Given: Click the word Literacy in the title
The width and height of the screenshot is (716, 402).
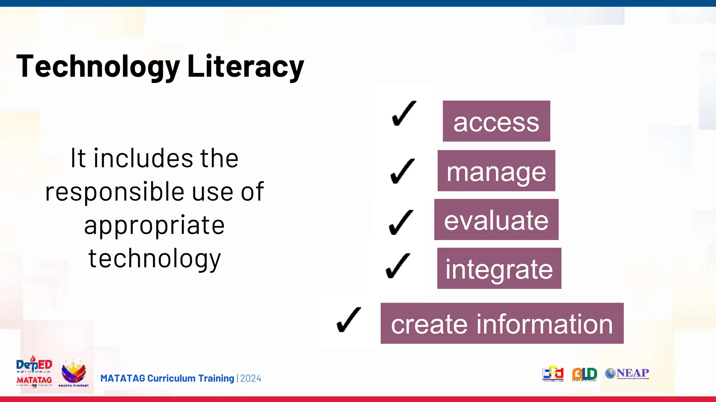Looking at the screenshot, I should [245, 66].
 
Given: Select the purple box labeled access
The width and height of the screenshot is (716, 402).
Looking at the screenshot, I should [496, 121].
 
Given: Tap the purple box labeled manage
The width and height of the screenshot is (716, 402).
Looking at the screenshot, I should [496, 171].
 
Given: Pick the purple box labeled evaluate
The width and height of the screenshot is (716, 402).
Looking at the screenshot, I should [496, 219].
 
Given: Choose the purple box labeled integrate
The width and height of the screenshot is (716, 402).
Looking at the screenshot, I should [499, 268].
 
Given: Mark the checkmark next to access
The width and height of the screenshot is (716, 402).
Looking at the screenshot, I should [404, 113].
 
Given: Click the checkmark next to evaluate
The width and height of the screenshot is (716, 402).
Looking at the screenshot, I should [401, 222].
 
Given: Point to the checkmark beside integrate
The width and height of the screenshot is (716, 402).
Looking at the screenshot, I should [398, 266].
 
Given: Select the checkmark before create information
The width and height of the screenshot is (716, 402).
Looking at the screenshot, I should [348, 320].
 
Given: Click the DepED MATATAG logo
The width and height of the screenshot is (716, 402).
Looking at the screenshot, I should [34, 372].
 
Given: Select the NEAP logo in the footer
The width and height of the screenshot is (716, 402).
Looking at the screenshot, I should [627, 373].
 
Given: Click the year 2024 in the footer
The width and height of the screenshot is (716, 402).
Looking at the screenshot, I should [251, 378].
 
